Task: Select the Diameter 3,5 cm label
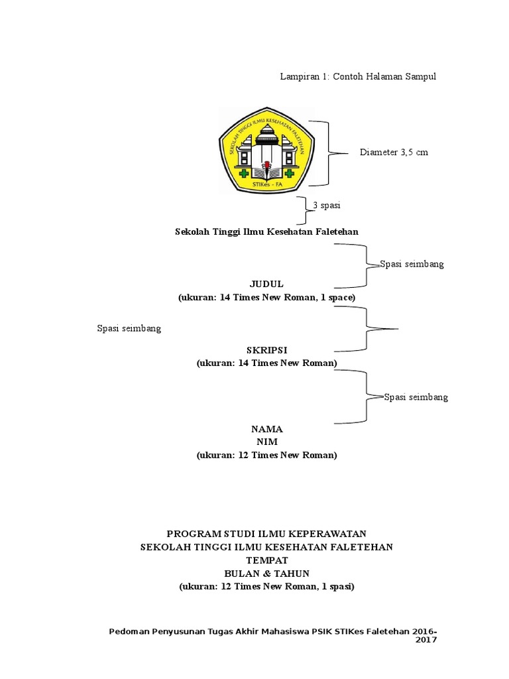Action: [394, 153]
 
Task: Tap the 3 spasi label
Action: [327, 206]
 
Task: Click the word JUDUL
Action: [266, 284]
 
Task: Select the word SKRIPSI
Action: [266, 349]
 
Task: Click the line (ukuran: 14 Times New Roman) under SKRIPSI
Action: [266, 363]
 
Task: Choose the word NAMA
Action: [266, 429]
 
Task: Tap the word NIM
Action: [266, 442]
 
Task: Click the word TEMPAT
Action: [266, 560]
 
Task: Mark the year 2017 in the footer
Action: [426, 640]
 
